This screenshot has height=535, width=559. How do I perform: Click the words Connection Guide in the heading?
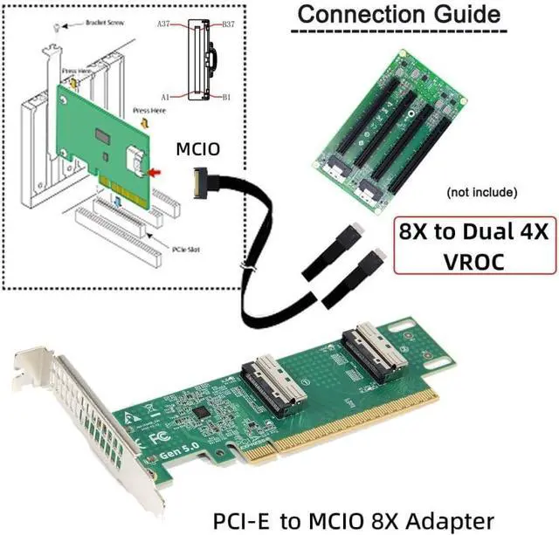pyautogui.click(x=400, y=15)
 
